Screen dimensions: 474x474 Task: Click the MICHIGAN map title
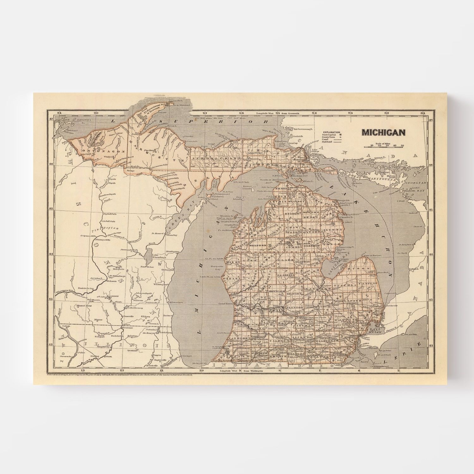[x=383, y=132]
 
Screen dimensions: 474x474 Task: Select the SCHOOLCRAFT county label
[x=208, y=157]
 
